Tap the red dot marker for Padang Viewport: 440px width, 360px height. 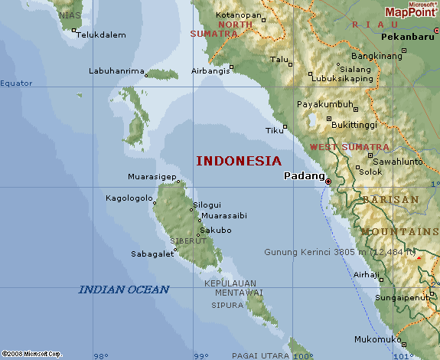point(328,182)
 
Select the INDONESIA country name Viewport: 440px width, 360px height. point(239,161)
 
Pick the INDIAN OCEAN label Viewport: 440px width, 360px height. point(123,289)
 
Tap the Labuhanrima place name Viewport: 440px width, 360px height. point(116,71)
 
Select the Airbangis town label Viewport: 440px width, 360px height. point(209,71)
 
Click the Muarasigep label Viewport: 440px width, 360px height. point(152,177)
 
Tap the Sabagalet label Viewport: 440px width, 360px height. point(152,254)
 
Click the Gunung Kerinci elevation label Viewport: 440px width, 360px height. point(341,252)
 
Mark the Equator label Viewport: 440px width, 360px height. point(17,83)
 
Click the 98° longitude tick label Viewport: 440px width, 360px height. point(100,355)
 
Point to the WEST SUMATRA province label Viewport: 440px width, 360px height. point(349,146)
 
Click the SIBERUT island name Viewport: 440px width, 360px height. point(187,241)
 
